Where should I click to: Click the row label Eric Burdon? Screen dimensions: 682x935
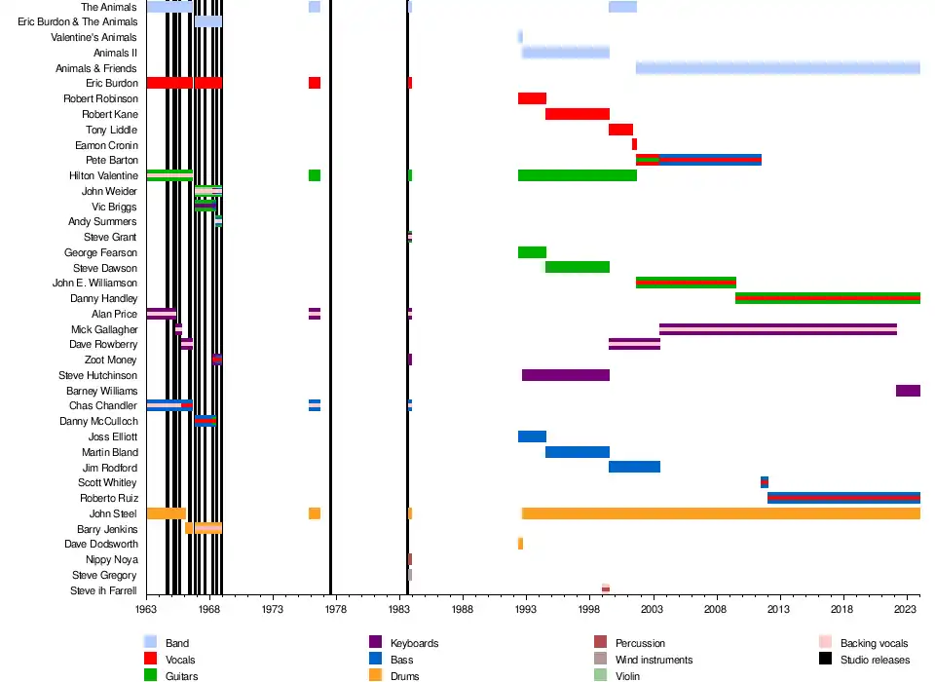(x=112, y=84)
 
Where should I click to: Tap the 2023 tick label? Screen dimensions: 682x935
(x=907, y=608)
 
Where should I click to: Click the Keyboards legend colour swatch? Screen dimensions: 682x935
(x=375, y=643)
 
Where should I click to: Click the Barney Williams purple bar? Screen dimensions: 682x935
(x=908, y=391)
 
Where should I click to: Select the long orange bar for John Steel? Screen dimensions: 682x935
(x=721, y=513)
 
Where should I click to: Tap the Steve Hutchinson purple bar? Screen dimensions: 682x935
(x=566, y=375)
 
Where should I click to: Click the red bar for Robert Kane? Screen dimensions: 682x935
(x=578, y=114)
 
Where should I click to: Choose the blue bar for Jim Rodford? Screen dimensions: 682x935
(x=634, y=467)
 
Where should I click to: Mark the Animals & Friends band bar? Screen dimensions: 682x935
(x=777, y=68)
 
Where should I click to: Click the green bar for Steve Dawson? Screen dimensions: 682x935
(x=578, y=267)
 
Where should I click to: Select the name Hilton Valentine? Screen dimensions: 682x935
(x=103, y=176)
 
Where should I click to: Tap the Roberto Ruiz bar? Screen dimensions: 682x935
(x=843, y=498)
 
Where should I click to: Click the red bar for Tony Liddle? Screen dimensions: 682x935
(x=620, y=130)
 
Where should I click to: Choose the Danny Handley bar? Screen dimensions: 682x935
(x=828, y=298)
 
